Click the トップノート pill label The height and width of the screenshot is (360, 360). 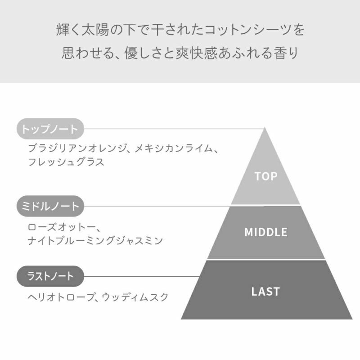tap(50, 129)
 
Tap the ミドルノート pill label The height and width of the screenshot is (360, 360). tap(50, 206)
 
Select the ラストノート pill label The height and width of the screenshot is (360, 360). tap(50, 276)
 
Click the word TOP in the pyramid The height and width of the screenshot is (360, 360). tap(266, 176)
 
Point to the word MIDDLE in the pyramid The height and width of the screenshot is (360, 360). tap(266, 232)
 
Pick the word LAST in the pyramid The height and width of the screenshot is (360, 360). tap(265, 292)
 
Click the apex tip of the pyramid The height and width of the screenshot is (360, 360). tap(265, 127)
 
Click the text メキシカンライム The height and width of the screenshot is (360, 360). tap(174, 148)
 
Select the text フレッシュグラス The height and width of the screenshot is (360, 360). tap(66, 162)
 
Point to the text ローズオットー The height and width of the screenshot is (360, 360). tap(61, 227)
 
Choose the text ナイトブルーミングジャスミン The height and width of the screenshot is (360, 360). tap(95, 241)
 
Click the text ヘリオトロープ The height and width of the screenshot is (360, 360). tap(61, 297)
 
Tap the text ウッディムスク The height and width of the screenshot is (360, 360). tap(135, 297)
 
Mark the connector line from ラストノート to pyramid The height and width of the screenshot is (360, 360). tap(142, 276)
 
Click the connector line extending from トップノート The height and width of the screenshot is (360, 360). tap(174, 129)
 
